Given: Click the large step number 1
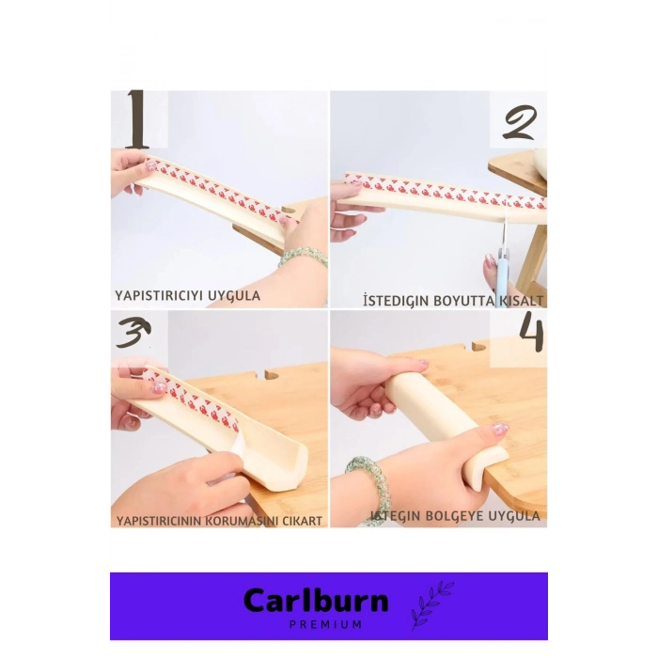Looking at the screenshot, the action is tap(137, 119).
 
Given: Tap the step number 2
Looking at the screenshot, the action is tap(520, 122).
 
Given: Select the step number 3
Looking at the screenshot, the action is tap(133, 333).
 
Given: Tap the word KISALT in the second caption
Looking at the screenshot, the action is tap(521, 301).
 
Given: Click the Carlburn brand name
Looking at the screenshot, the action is tap(316, 600).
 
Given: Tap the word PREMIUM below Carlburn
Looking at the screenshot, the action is tap(325, 625).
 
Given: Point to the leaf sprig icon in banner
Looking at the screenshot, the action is tap(431, 604).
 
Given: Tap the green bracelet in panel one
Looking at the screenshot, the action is tap(303, 256).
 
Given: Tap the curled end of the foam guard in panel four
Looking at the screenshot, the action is tap(490, 468).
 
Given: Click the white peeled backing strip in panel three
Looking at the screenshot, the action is tap(237, 455).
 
